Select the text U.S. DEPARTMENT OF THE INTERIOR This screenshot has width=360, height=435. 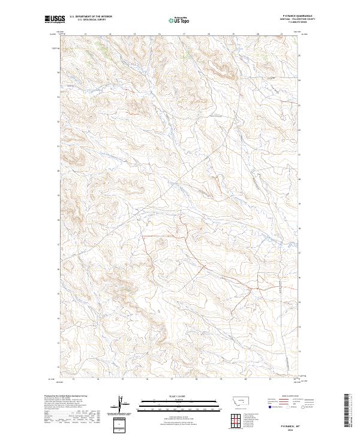pyautogui.click(x=91, y=17)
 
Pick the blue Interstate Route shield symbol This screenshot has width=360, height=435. pyautogui.click(x=269, y=406)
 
